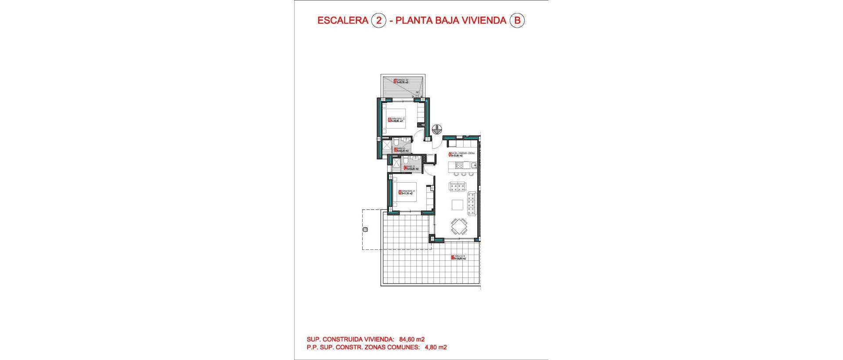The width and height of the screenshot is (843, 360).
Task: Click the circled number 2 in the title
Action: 378,21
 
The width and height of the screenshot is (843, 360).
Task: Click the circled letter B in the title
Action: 517,21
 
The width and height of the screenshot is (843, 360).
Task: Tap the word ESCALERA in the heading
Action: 342,21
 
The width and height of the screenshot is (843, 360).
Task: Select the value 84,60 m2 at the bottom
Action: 412,339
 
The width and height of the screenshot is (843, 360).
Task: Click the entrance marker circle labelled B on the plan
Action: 436,129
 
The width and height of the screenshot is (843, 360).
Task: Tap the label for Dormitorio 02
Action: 89,119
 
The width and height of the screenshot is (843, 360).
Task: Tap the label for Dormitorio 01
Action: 99,192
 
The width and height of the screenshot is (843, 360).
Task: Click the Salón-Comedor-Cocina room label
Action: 462,154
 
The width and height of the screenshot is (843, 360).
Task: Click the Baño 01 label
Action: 103,167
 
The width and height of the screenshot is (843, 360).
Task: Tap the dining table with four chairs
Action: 460,227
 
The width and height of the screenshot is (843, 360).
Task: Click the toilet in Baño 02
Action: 89,142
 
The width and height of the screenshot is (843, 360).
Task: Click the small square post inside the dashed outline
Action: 365,229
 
